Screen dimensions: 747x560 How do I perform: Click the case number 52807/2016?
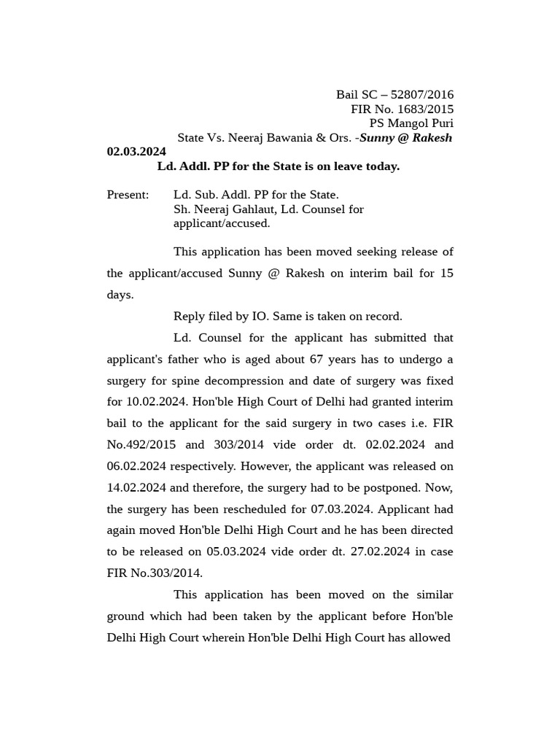[422, 95]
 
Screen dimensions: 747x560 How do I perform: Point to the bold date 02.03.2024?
[136, 152]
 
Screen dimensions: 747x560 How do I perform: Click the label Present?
[128, 195]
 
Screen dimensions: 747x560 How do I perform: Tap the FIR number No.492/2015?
[141, 445]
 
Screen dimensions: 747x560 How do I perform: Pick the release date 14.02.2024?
[136, 488]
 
